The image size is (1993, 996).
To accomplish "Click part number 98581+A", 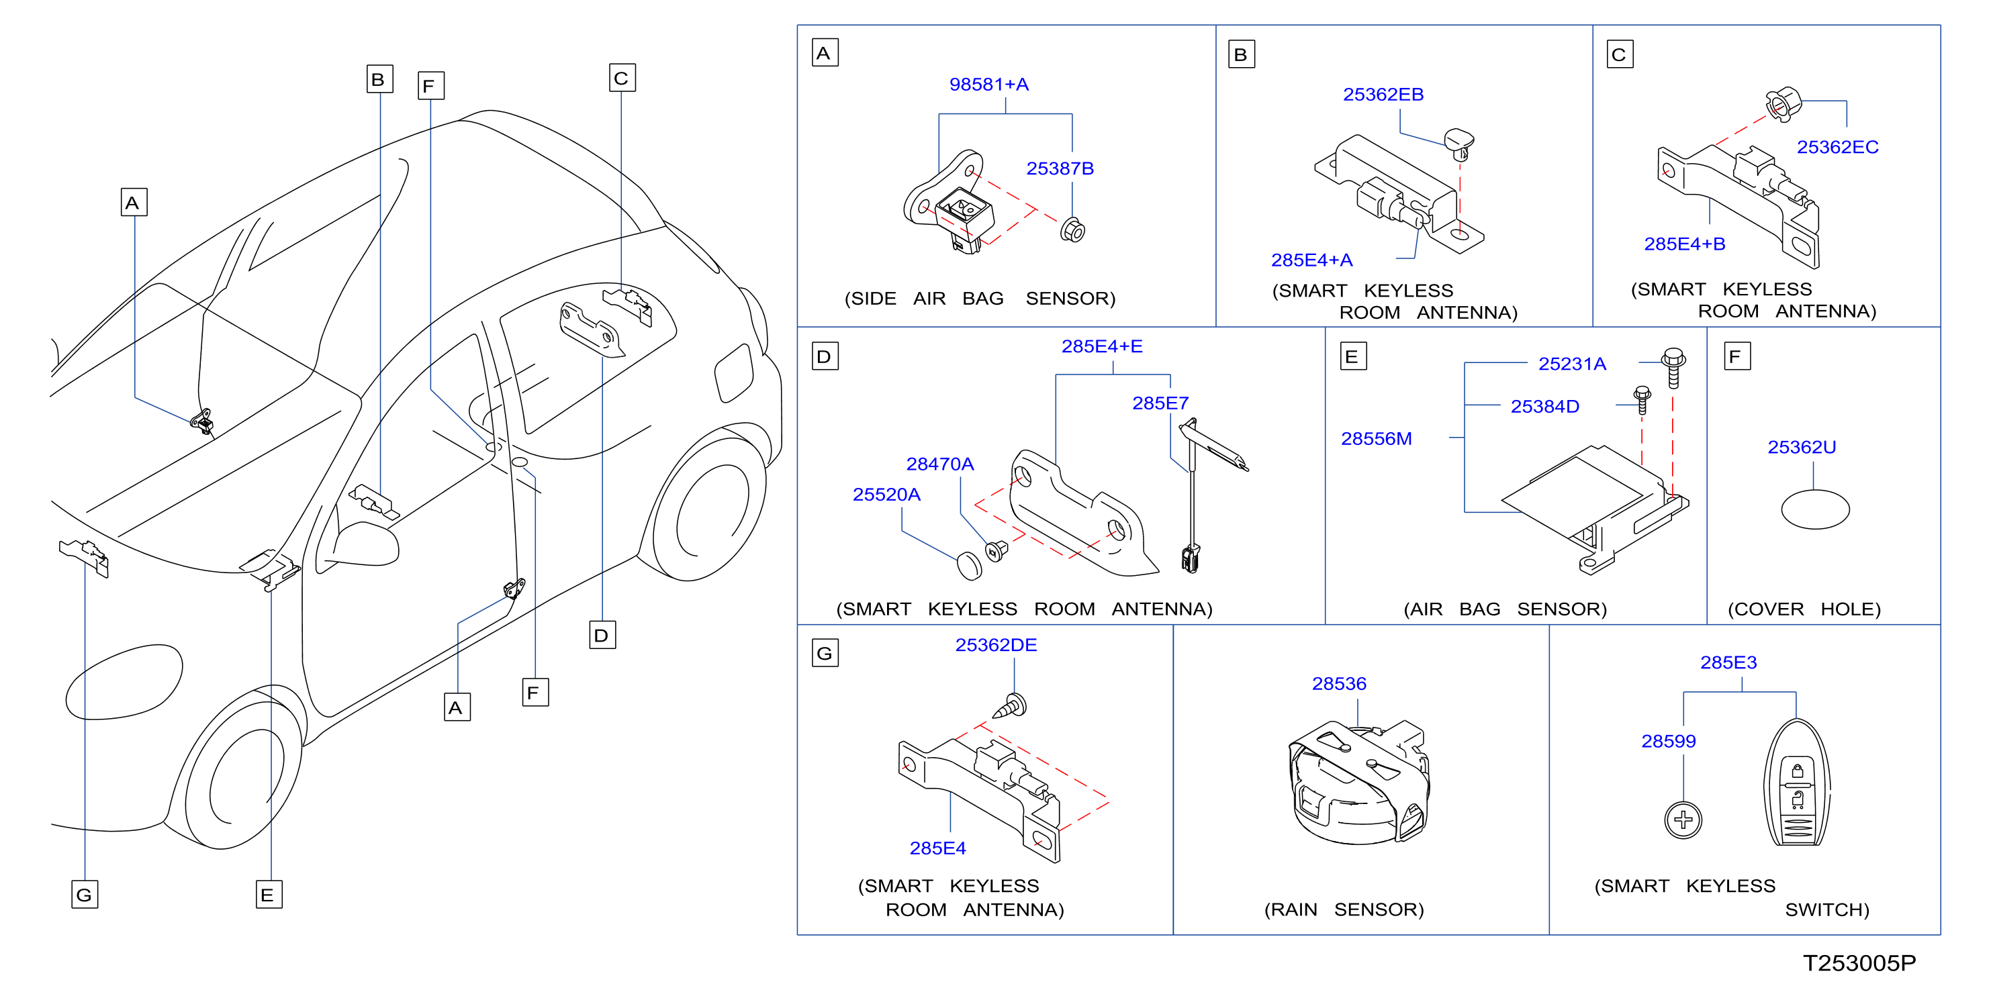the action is click(x=988, y=85).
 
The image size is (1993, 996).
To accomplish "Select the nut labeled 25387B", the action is click(x=1072, y=230).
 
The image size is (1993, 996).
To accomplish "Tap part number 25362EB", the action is click(x=1383, y=95).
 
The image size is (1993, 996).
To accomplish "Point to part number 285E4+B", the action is click(x=1684, y=244).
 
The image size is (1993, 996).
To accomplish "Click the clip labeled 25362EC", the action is click(x=1783, y=105).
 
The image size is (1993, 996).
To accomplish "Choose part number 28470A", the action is click(x=939, y=464).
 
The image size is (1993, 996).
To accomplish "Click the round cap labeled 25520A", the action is click(x=969, y=565).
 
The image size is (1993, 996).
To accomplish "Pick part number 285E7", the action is click(x=1160, y=403).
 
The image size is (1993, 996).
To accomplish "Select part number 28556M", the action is click(x=1376, y=438).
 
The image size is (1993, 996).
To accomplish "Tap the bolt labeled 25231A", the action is click(x=1673, y=366).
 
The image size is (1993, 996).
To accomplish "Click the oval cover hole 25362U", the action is click(x=1814, y=509).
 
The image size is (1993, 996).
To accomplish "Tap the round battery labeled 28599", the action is click(x=1683, y=819).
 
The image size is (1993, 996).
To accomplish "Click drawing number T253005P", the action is click(x=1859, y=962).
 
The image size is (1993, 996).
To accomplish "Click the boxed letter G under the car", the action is click(x=85, y=895).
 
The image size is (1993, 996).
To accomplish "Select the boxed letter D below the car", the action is click(x=602, y=635).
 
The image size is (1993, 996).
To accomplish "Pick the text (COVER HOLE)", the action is click(x=1804, y=609).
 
